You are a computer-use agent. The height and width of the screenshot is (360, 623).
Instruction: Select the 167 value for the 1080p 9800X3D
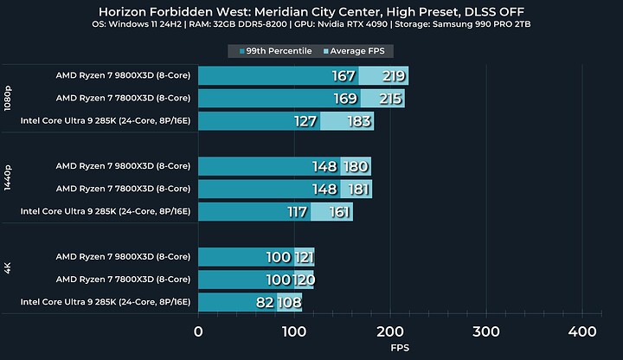(344, 76)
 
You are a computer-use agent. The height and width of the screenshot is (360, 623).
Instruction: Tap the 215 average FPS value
(390, 99)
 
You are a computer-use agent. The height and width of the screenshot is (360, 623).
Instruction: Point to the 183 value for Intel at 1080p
(359, 121)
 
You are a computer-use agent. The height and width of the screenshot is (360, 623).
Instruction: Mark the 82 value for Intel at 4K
(265, 302)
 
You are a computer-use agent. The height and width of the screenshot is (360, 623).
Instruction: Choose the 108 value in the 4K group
(289, 302)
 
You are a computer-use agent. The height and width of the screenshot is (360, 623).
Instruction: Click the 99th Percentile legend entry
(274, 51)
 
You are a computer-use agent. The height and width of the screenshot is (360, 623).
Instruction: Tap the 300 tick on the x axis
(486, 331)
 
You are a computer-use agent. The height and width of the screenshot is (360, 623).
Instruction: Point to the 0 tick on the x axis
(198, 331)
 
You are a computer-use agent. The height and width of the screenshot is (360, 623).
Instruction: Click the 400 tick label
(582, 331)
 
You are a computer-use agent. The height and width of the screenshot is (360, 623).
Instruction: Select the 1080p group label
(7, 99)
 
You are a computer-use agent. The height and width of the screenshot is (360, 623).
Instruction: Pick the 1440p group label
(7, 189)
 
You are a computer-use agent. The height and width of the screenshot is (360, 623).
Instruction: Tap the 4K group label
(7, 280)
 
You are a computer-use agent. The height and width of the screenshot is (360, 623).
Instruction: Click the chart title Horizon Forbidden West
(311, 11)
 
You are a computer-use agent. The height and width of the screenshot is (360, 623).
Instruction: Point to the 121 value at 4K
(303, 257)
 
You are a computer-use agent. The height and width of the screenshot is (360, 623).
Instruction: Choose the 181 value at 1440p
(357, 189)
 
